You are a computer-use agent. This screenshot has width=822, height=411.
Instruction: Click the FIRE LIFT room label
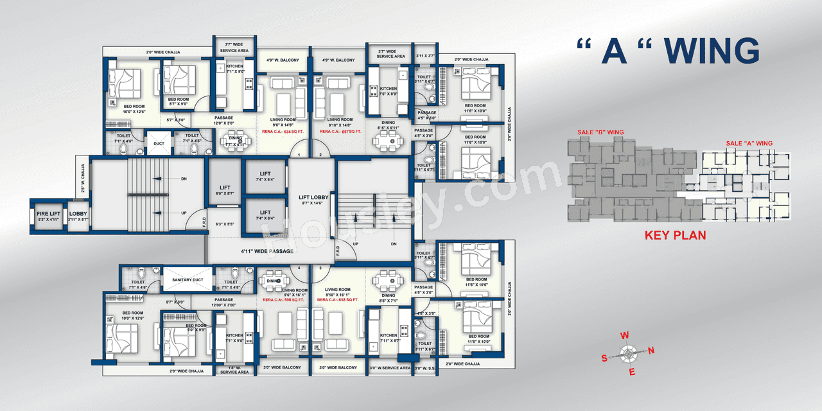click(x=48, y=213)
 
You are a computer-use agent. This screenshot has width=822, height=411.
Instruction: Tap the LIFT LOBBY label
click(x=313, y=198)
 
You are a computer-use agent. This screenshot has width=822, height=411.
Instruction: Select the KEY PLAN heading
click(x=675, y=236)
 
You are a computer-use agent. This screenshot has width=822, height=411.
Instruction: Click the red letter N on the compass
click(x=651, y=351)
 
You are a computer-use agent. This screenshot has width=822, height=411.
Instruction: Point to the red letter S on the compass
click(x=604, y=358)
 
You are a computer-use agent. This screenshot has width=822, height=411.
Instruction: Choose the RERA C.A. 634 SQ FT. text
click(x=282, y=131)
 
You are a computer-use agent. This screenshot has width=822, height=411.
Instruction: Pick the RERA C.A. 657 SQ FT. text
click(x=340, y=131)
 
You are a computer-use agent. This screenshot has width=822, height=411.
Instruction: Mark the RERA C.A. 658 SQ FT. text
click(x=340, y=299)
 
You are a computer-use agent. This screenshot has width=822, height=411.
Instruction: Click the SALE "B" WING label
click(x=600, y=132)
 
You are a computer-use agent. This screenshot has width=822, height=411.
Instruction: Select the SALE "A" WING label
click(x=749, y=143)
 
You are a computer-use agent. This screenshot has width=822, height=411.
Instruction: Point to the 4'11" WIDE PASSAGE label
click(x=267, y=251)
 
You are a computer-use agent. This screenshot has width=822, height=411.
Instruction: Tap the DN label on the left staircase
click(x=184, y=179)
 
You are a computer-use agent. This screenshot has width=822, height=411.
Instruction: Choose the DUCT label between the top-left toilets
click(x=159, y=144)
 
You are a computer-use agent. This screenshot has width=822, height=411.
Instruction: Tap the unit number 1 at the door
click(x=298, y=155)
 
